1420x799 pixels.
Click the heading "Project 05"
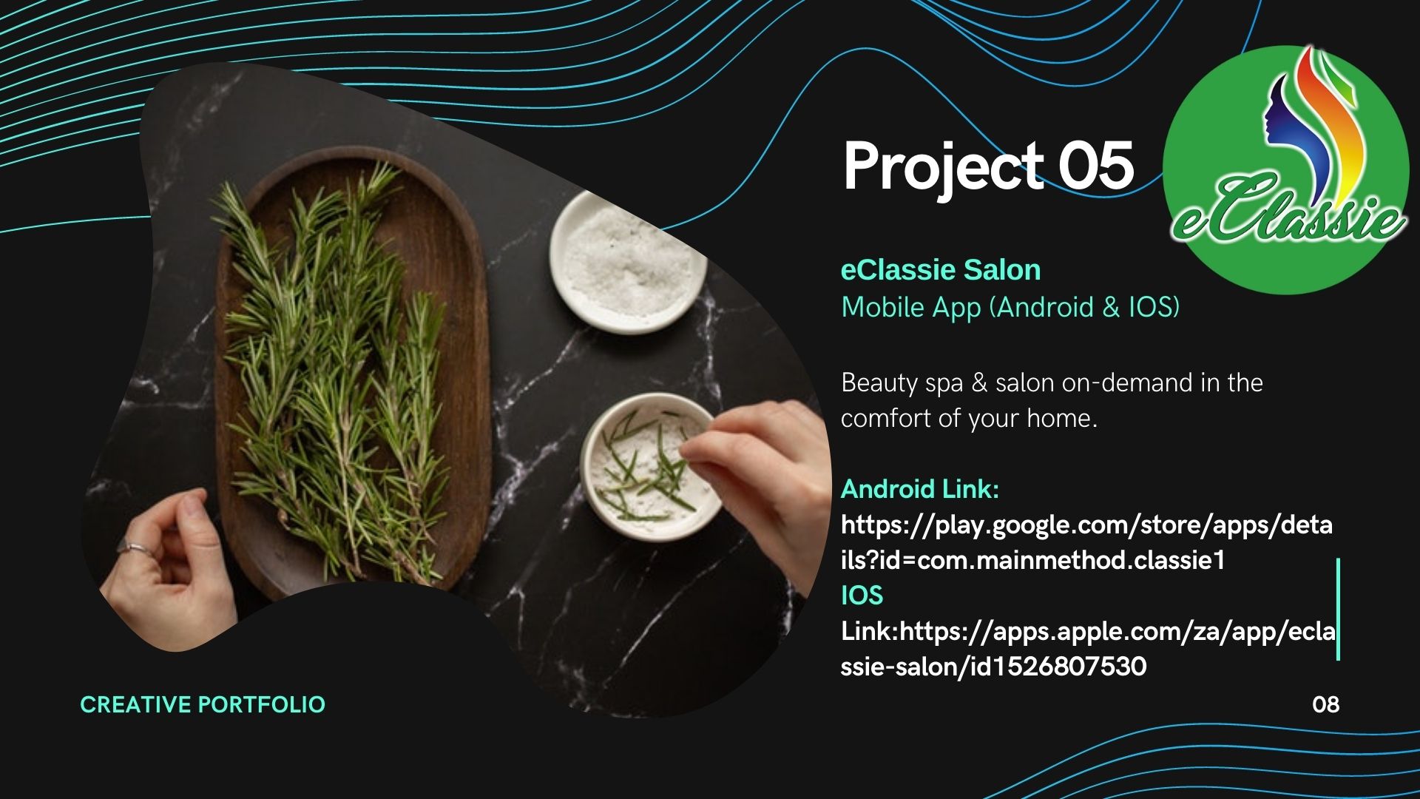point(988,168)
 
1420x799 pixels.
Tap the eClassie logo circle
point(1286,169)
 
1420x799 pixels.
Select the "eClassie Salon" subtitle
point(941,270)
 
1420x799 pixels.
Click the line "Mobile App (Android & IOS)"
point(1010,307)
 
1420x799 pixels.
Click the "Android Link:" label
point(920,489)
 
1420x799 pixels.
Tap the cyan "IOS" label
point(862,596)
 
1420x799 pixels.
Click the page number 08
point(1325,704)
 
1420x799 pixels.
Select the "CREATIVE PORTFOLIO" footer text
point(203,704)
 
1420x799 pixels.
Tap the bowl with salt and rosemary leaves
point(651,466)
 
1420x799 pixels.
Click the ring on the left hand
point(136,548)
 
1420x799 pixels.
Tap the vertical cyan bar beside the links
point(1338,609)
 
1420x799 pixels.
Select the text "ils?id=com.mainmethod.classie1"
point(1033,560)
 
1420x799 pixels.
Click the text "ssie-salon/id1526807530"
point(994,667)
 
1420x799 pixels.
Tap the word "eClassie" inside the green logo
point(1288,215)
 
